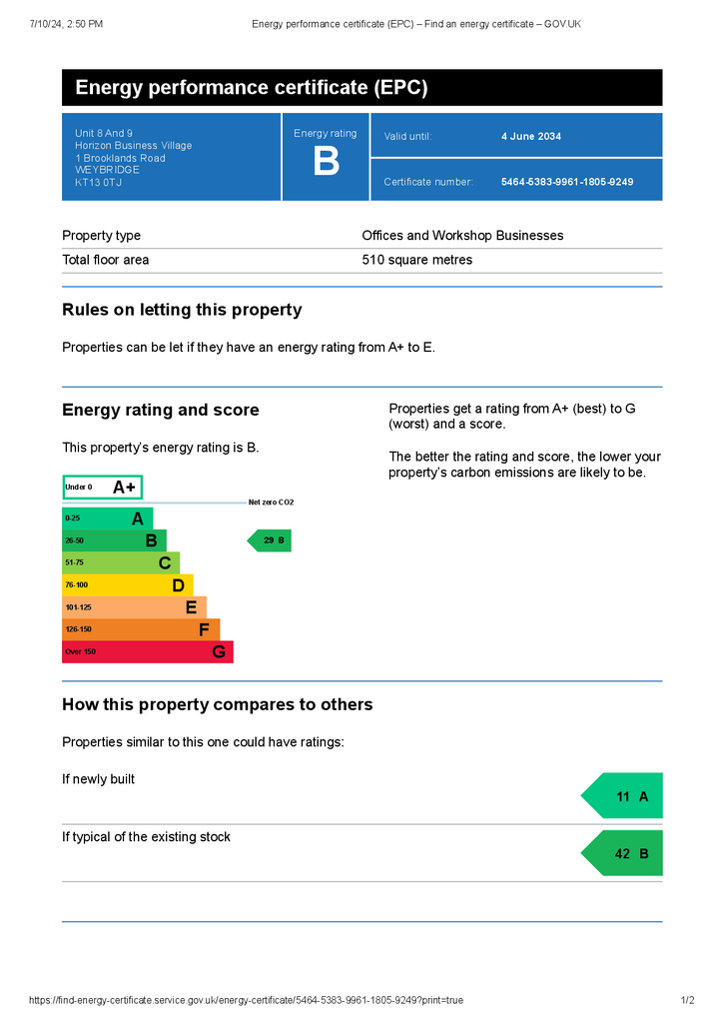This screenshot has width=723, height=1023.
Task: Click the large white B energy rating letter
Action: [x=326, y=161]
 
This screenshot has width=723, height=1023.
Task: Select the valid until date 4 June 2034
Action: [x=530, y=136]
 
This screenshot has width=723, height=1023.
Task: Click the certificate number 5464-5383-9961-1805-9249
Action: [x=567, y=182]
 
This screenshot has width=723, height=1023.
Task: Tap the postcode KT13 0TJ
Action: [x=99, y=182]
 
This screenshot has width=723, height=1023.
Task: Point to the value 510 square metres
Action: [x=417, y=260]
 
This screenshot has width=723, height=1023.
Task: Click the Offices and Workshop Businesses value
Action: [x=463, y=236]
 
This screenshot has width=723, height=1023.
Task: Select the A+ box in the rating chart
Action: [x=102, y=488]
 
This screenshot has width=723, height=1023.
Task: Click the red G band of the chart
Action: [x=148, y=651]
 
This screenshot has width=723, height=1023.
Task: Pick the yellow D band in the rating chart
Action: [x=128, y=585]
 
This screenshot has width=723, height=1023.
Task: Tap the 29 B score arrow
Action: [x=270, y=540]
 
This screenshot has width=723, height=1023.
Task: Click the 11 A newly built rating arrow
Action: [x=622, y=796]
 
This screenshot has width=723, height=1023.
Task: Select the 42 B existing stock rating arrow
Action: [x=622, y=853]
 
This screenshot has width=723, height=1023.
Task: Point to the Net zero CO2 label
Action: [x=272, y=503]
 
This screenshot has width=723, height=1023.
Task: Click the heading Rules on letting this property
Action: [x=182, y=310]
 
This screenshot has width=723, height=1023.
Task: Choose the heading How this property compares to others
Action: [x=218, y=704]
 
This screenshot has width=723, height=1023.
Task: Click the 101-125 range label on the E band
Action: [x=78, y=607]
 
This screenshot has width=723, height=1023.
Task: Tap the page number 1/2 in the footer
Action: [x=688, y=1000]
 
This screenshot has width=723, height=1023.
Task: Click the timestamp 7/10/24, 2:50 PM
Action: [x=66, y=24]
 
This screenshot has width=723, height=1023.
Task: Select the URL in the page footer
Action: [x=247, y=1000]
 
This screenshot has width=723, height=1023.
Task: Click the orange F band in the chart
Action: [x=141, y=629]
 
